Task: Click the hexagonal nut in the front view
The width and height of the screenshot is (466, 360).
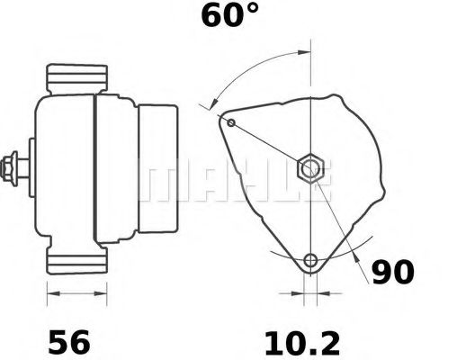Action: [x=310, y=167]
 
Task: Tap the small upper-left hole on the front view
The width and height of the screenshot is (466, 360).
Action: [x=231, y=121]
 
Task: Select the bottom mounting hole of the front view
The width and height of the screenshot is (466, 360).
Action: [x=310, y=261]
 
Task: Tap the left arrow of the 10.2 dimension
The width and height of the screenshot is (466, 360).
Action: [x=297, y=293]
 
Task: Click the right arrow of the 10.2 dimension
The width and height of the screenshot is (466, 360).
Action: [x=325, y=293]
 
